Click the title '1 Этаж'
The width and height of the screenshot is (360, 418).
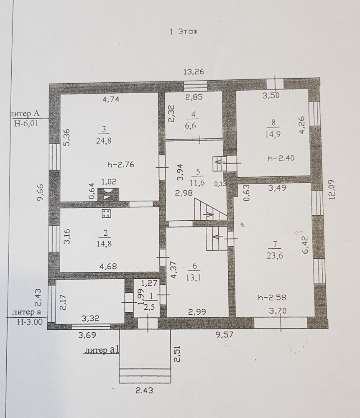(x=184, y=32)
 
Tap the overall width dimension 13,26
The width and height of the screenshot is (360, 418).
(x=194, y=72)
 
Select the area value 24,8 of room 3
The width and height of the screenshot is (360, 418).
(x=104, y=141)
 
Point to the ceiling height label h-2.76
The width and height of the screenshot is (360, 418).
(x=121, y=165)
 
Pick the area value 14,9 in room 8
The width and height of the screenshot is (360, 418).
(x=273, y=134)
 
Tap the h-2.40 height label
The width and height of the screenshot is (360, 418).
(x=281, y=158)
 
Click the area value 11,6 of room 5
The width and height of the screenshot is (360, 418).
(x=197, y=183)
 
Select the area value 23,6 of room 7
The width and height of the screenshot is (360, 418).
(x=275, y=255)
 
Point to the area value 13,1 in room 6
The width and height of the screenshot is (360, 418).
(x=194, y=278)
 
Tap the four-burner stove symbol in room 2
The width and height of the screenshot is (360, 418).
(x=106, y=213)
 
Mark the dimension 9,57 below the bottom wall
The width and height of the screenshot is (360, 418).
(x=225, y=334)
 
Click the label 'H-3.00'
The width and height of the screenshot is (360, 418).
(x=30, y=322)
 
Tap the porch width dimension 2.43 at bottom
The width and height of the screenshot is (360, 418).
(x=144, y=391)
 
